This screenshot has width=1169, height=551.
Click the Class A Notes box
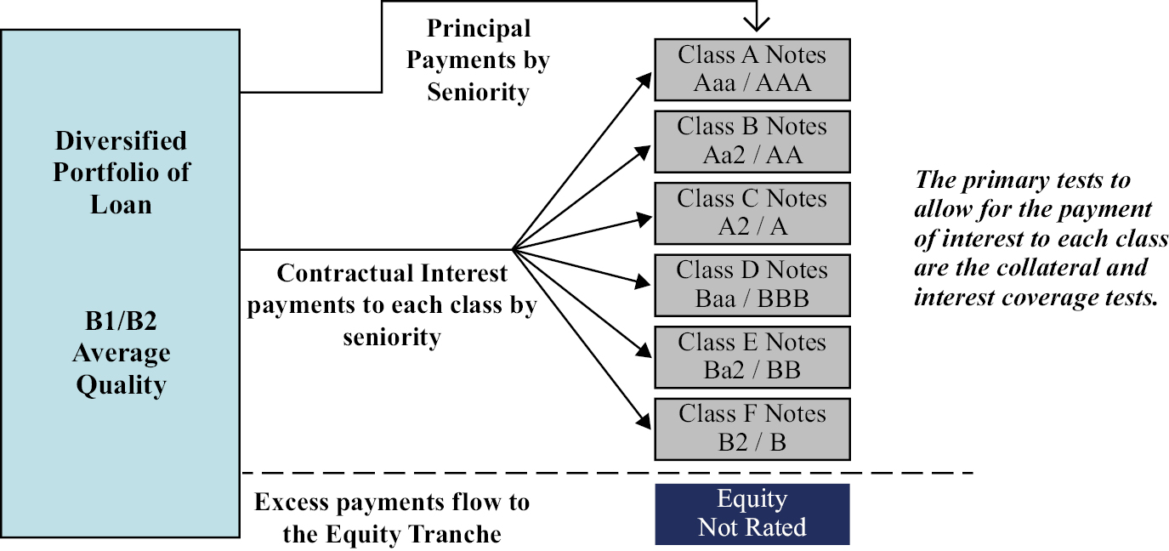coord(752,70)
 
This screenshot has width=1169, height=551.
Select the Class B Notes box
coord(752,141)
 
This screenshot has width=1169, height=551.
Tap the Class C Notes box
coord(752,213)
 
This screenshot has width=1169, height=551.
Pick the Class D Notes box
coord(752,286)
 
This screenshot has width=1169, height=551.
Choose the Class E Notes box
coord(752,357)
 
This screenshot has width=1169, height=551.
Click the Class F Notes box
coord(752,429)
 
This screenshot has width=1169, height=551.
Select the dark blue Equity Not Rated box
coord(752,514)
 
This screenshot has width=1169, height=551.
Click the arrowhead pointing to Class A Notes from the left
coord(645,81)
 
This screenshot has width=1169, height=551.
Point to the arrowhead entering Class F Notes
coord(644,420)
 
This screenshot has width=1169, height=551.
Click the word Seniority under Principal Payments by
coord(478,93)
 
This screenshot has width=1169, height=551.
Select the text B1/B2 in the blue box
coord(121,321)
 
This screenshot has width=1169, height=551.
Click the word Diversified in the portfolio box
coord(121,141)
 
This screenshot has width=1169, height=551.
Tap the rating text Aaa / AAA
coord(752,83)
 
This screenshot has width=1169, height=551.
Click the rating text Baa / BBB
coord(752,299)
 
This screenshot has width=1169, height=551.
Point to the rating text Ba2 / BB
coord(752,371)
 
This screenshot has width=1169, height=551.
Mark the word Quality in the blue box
coord(121,386)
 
